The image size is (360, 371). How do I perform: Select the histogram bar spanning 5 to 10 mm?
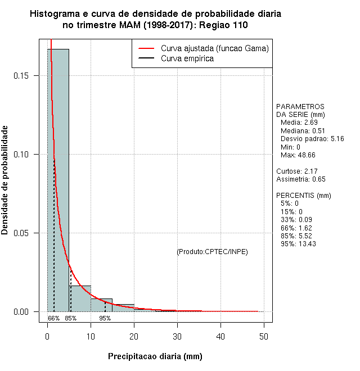click(x=80, y=298)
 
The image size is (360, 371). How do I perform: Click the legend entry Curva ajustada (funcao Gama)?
click(x=214, y=48)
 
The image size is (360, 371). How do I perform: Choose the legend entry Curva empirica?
click(x=187, y=58)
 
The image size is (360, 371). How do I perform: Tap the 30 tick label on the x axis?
click(x=177, y=336)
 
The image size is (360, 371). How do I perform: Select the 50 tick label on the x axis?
click(x=264, y=336)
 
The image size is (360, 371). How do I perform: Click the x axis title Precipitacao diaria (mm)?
click(x=155, y=356)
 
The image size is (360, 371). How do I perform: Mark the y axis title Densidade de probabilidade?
click(x=5, y=180)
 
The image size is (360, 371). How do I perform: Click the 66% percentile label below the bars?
click(x=53, y=318)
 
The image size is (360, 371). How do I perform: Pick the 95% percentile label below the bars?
click(x=105, y=318)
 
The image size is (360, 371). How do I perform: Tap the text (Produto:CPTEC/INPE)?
click(x=212, y=251)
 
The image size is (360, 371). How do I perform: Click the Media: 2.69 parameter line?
click(x=299, y=123)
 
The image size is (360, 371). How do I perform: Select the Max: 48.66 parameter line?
click(x=299, y=155)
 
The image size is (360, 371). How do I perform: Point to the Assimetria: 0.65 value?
click(x=301, y=179)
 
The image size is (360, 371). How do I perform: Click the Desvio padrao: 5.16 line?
click(x=312, y=138)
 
